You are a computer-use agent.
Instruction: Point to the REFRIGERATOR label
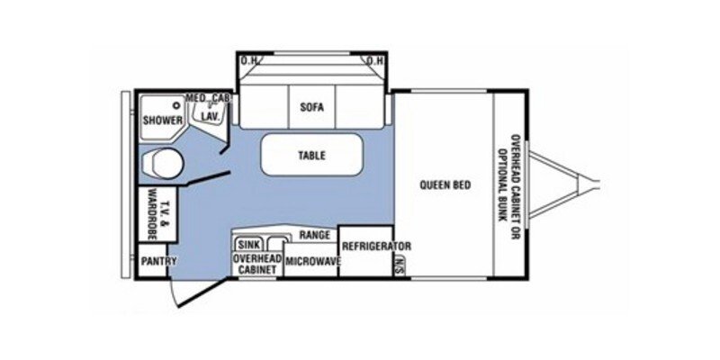point(375,246)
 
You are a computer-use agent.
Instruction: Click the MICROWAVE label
point(311,260)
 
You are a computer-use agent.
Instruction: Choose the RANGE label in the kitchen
point(314,235)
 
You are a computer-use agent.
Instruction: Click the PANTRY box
point(157,262)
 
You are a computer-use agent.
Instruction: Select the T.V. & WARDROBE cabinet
point(158,215)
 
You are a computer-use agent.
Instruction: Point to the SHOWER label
point(162,120)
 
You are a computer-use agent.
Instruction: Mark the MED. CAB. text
point(208,97)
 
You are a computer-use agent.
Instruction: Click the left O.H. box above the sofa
point(248,61)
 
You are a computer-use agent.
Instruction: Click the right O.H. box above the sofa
point(375,61)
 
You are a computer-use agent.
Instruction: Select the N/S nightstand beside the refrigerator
point(398,263)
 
